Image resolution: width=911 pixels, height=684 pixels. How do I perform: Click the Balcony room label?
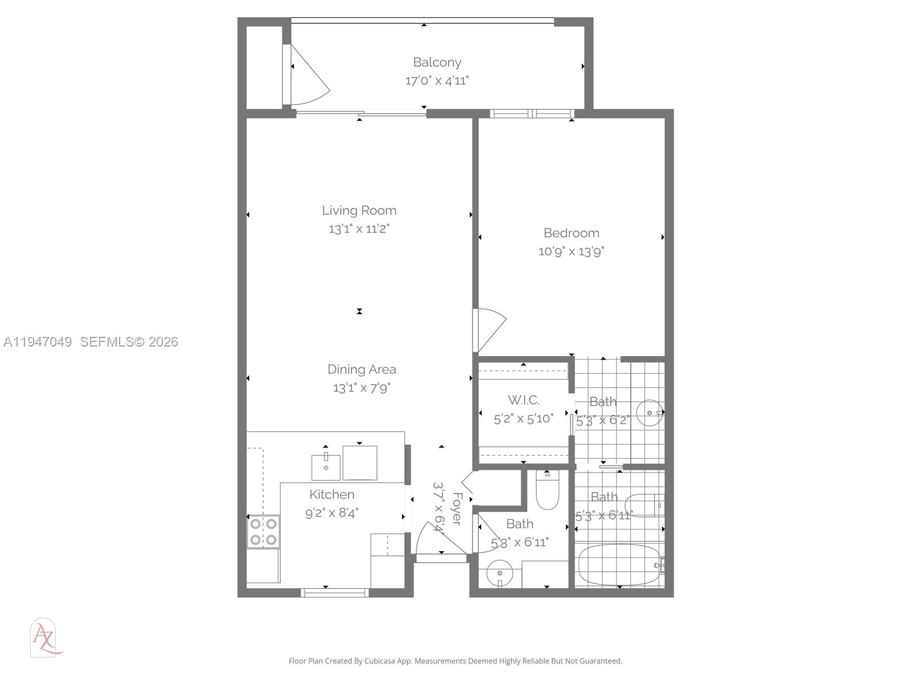click(437, 62)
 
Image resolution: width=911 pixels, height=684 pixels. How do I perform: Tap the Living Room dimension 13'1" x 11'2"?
click(359, 229)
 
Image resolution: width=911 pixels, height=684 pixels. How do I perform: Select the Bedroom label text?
click(571, 233)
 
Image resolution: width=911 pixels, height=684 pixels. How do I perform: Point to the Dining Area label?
click(362, 369)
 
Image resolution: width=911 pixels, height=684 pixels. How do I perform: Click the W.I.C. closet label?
click(523, 400)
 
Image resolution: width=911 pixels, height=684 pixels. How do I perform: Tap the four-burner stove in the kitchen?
click(263, 532)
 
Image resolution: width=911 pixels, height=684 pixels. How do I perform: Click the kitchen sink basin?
click(326, 467)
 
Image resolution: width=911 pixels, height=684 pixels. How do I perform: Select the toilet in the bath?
click(548, 492)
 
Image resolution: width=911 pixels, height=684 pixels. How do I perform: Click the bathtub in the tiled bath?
click(618, 565)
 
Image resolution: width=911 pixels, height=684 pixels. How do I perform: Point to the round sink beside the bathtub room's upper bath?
click(649, 413)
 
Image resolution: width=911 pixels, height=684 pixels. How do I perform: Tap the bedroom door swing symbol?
click(490, 329)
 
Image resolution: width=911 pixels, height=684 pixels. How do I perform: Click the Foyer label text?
click(457, 508)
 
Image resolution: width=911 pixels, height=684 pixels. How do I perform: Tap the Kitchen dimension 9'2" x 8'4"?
click(331, 513)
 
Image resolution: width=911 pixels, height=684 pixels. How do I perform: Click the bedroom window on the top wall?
click(532, 113)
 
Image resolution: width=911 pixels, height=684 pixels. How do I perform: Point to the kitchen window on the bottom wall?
click(334, 593)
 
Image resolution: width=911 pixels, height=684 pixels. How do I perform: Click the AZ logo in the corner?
click(44, 638)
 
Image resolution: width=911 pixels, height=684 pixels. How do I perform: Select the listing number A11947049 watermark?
click(38, 342)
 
